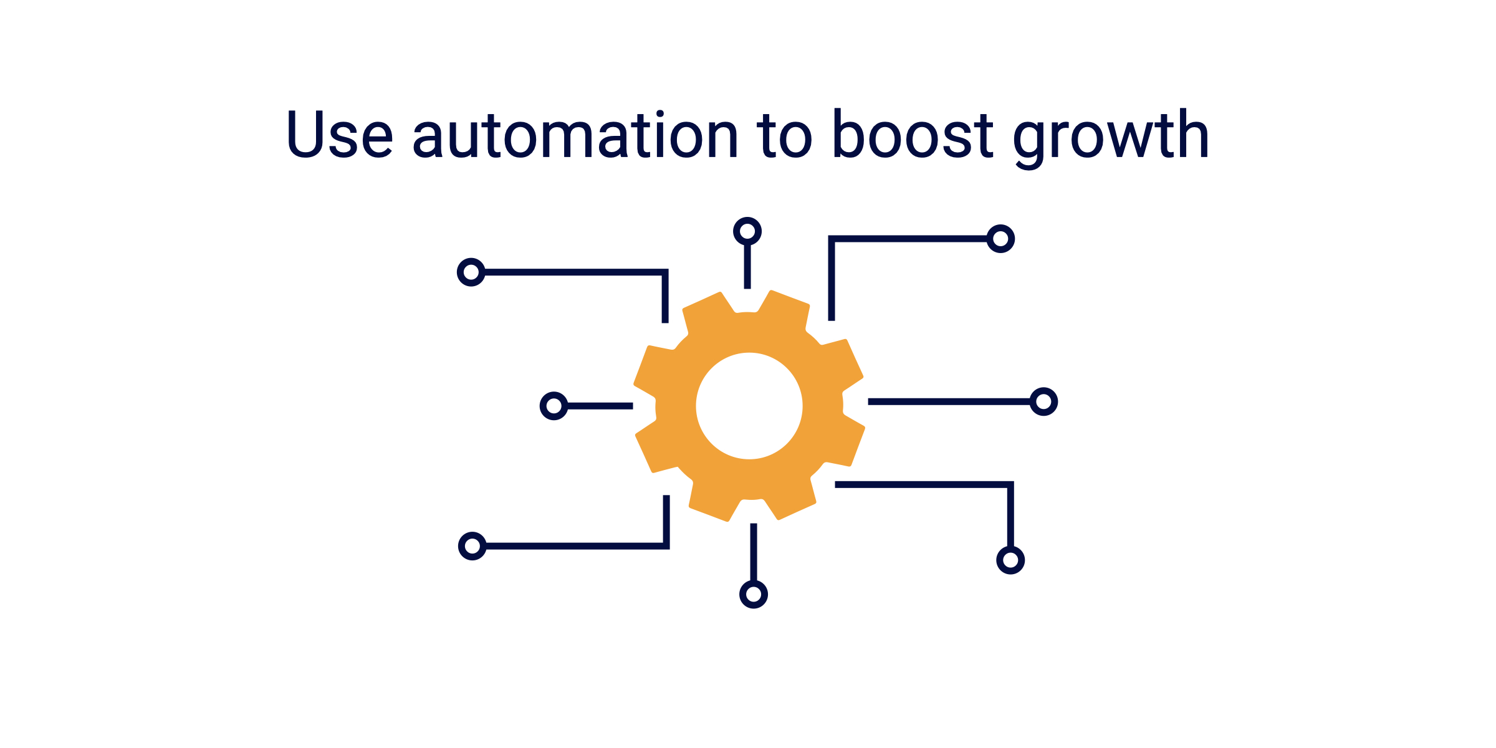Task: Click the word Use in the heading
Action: coord(340,134)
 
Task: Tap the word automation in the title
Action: coord(575,134)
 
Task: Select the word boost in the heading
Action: coord(913,134)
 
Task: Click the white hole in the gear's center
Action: coord(749,406)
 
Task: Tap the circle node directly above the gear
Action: coord(747,232)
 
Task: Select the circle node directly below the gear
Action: coord(754,594)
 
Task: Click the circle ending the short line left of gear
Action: coord(554,406)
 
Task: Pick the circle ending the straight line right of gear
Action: coord(1043,401)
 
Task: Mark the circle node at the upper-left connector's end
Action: coord(471,272)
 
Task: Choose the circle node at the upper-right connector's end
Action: coord(1000,239)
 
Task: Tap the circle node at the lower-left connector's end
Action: coord(472,546)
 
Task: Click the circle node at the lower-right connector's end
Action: coord(1010,560)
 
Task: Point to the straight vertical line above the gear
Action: coord(747,267)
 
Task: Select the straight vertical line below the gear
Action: coord(754,552)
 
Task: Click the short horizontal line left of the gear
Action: coord(600,406)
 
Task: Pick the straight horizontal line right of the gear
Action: coord(947,401)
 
